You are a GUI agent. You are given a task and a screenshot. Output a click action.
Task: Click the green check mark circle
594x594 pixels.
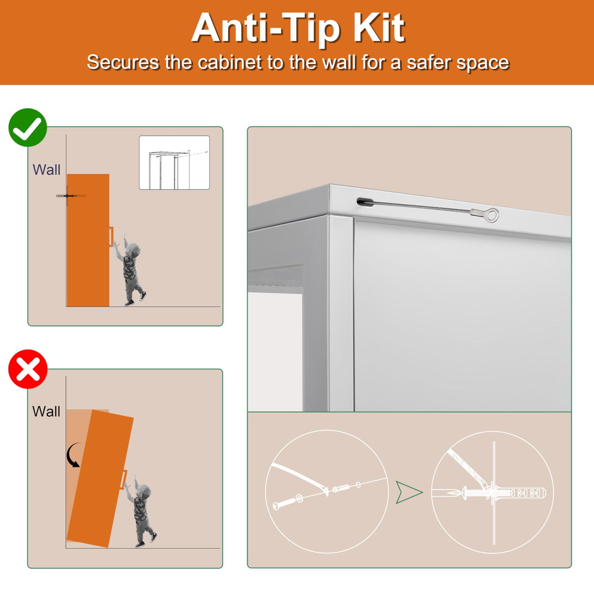click(x=28, y=127)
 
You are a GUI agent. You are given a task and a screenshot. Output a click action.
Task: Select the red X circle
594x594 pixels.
click(x=28, y=369)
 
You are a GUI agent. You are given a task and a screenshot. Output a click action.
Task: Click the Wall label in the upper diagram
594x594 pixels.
click(x=46, y=169)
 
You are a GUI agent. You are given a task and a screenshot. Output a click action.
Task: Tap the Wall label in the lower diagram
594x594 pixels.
click(x=46, y=411)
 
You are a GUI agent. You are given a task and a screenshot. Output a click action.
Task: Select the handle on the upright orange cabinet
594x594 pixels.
click(x=111, y=237)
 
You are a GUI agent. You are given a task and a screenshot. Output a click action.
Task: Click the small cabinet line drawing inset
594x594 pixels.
click(x=174, y=162)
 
